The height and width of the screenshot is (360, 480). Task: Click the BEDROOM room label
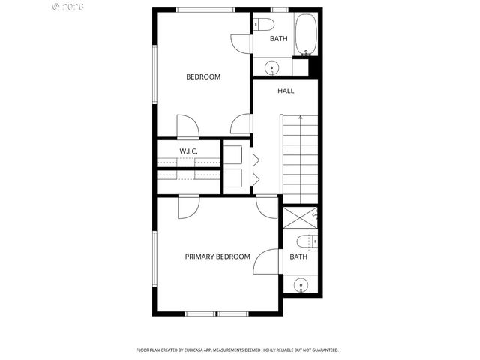coord(203,76)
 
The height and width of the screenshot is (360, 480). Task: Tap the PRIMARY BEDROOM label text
coord(217,256)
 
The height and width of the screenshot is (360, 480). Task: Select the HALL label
coord(286,91)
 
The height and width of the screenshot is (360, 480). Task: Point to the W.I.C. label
coord(188,152)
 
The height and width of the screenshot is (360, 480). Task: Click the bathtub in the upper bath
coord(304,35)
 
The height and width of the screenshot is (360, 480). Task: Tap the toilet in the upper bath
coord(259,24)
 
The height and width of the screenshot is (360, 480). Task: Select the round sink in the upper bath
coord(271,68)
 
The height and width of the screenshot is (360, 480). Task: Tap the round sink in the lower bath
coord(301,284)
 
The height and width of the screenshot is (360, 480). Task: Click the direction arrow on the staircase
coord(300,118)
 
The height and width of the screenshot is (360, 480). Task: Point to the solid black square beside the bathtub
coord(315,66)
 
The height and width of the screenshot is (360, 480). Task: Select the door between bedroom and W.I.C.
coord(187,126)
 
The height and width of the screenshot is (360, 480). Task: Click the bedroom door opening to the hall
coord(242,123)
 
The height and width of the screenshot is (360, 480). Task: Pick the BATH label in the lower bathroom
coord(298,257)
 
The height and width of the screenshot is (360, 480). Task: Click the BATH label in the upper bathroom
coord(279,39)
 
